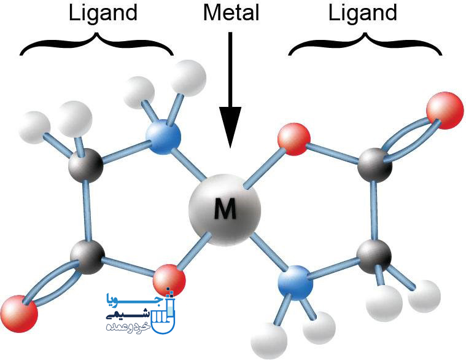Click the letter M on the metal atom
(225, 208)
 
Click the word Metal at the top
(231, 13)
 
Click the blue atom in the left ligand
(163, 137)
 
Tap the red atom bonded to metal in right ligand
(294, 139)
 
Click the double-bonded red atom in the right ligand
(445, 111)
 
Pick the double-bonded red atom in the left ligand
(19, 314)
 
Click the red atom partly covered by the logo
(169, 280)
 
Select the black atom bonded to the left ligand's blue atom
(86, 165)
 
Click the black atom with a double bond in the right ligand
(375, 165)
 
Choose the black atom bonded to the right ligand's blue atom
(374, 257)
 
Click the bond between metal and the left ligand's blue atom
(188, 165)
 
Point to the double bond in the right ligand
(411, 139)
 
